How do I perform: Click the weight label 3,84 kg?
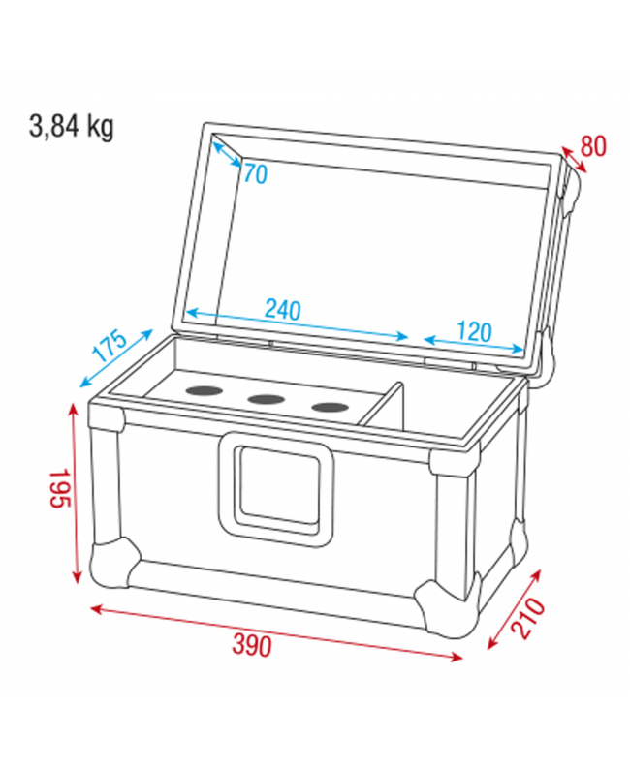(72, 126)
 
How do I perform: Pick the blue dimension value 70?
(254, 173)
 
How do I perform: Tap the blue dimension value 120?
(473, 331)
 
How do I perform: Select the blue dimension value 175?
(110, 346)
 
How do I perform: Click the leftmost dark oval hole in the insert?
(204, 391)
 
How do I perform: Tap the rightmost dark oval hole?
(329, 406)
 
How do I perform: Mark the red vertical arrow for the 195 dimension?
(77, 494)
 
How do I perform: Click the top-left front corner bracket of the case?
(109, 415)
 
